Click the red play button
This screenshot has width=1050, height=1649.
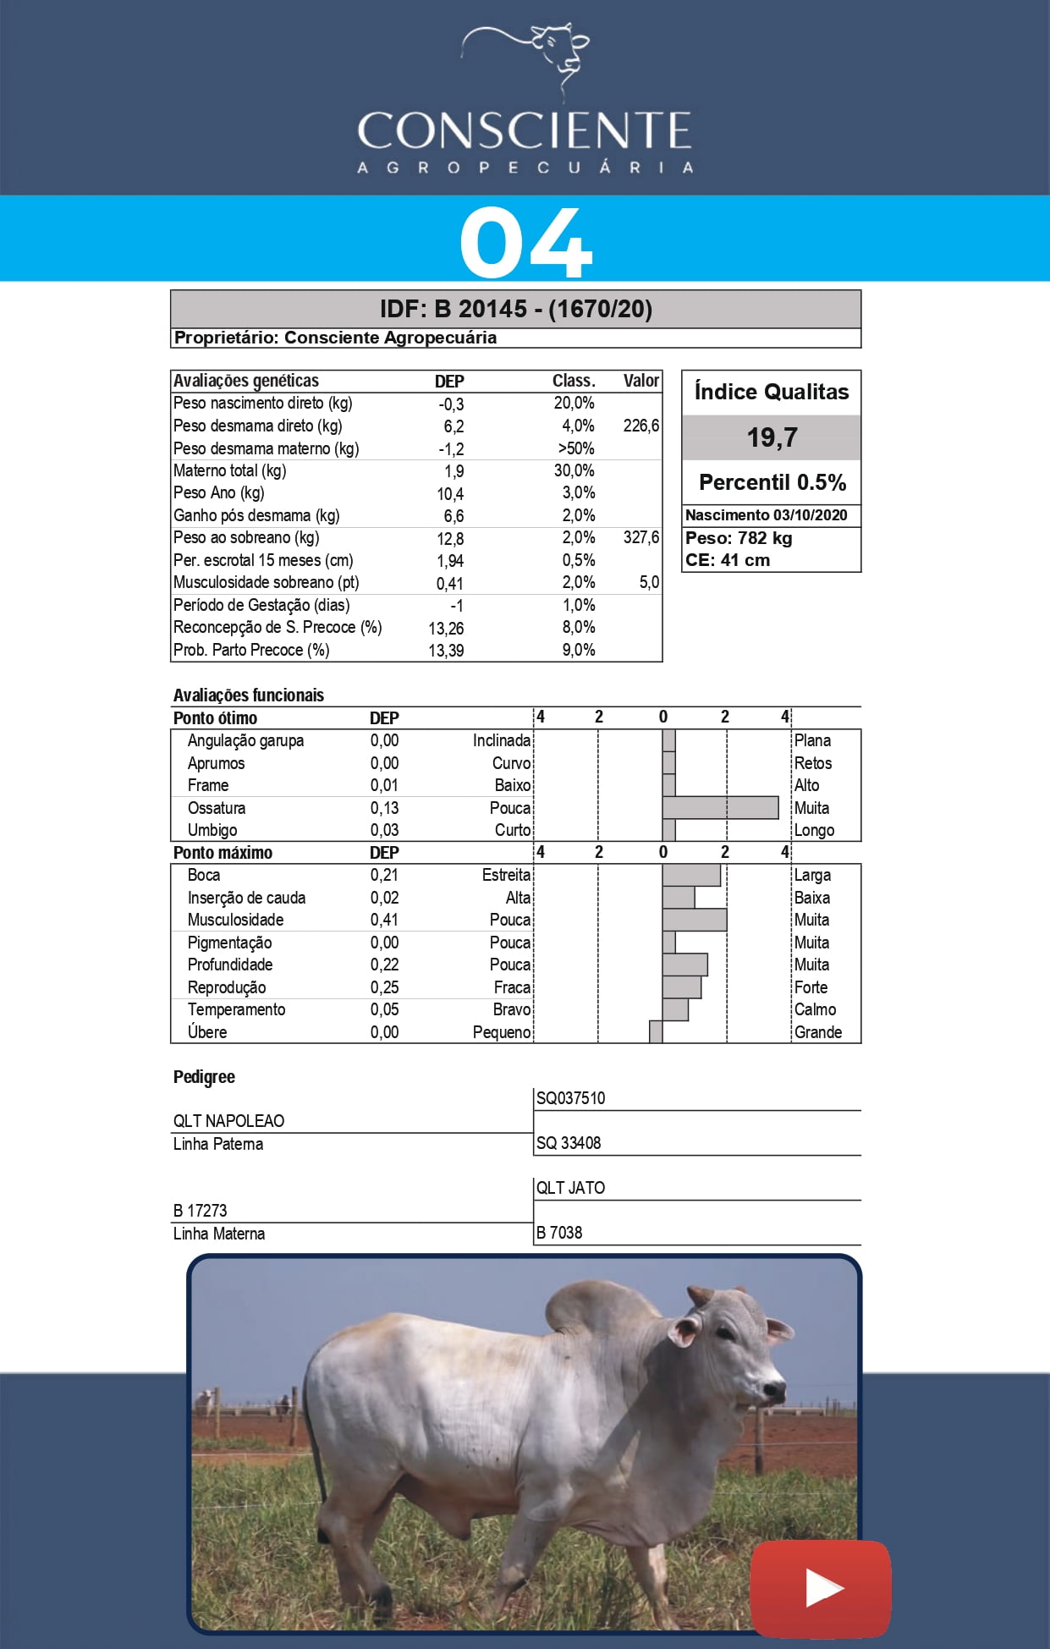pos(820,1588)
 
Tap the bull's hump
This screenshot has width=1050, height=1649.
pos(601,1307)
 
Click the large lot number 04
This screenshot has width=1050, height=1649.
pos(525,243)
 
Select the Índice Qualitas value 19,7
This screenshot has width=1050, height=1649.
pos(772,437)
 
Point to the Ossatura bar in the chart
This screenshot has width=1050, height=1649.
pos(720,808)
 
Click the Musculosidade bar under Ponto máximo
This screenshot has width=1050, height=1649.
pos(694,920)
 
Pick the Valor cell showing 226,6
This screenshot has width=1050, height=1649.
pos(640,426)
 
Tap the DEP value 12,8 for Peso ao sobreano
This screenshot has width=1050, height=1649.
pos(450,539)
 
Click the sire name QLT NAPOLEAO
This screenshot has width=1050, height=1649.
pos(228,1121)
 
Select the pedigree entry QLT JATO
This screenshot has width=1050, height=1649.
pos(570,1188)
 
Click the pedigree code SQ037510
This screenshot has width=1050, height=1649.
pos(570,1098)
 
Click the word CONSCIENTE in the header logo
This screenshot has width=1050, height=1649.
pos(525,131)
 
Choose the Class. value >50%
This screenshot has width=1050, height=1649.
pos(575,448)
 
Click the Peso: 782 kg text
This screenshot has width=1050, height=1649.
pos(739,538)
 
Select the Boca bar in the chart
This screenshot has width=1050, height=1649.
pos(691,875)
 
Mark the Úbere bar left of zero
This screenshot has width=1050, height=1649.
pos(656,1032)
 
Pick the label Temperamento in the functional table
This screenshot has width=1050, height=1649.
pos(236,1009)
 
